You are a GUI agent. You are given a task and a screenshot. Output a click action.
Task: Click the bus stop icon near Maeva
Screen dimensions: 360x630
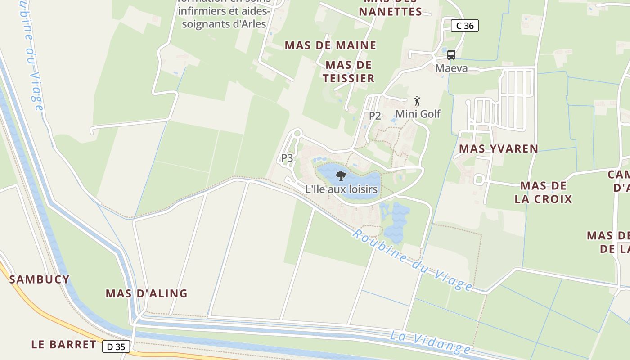[451, 55]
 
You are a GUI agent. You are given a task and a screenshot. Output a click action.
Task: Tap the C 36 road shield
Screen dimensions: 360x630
[465, 26]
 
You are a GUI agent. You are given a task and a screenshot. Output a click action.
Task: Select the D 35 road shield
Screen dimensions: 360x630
[116, 346]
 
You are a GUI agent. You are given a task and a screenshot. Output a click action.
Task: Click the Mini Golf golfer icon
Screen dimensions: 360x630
[418, 100]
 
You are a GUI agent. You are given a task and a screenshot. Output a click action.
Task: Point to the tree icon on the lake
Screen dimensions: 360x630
[341, 175]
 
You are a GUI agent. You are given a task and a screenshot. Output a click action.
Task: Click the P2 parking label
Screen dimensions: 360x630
[375, 116]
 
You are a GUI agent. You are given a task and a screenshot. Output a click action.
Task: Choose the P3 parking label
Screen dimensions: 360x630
[287, 158]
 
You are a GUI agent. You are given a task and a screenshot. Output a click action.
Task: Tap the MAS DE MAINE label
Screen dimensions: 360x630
[330, 45]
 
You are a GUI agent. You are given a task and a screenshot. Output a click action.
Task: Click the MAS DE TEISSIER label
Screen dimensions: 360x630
[349, 72]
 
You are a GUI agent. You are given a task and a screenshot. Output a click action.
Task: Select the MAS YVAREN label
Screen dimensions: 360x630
[498, 149]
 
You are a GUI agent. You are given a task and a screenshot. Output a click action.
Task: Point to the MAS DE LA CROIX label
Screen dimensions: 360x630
[543, 192]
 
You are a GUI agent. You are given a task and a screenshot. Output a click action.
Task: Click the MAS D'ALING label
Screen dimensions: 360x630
[147, 293]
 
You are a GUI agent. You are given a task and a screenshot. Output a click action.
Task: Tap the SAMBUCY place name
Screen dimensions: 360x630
[40, 279]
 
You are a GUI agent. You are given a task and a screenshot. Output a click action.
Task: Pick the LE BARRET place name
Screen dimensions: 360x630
[63, 345]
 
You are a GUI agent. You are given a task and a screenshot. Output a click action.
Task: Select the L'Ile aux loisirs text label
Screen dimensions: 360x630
[341, 189]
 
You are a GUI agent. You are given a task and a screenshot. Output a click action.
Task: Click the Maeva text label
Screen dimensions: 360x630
[451, 68]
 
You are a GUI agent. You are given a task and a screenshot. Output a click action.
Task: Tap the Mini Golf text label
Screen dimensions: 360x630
[418, 114]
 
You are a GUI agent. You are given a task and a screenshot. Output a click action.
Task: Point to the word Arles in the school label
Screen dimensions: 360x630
[250, 24]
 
